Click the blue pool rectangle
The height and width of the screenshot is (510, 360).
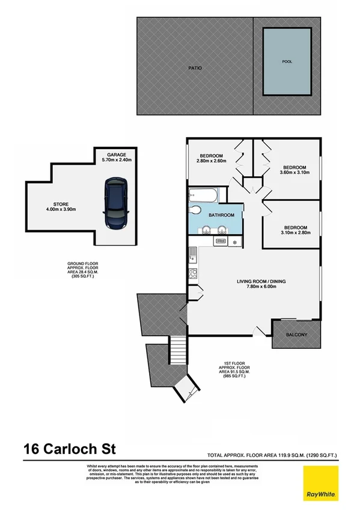coord(287,62)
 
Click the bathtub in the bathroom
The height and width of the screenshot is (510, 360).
coord(204,195)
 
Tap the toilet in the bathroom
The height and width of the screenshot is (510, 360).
coord(195,210)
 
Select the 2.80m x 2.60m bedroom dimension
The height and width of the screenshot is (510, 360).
coord(211,161)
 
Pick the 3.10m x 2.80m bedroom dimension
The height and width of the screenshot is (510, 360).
coord(294,233)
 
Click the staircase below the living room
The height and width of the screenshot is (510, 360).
coord(178,348)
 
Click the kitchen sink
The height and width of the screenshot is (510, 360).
coord(194,254)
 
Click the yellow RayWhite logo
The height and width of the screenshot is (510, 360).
coord(319,483)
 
